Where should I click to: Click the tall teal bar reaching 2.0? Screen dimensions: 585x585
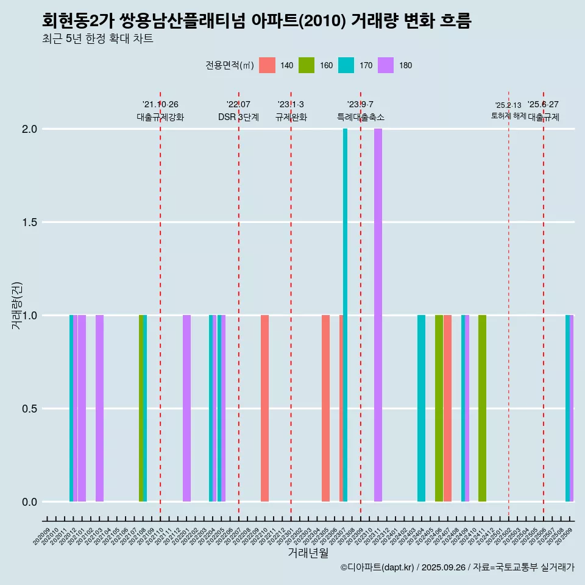click(345, 315)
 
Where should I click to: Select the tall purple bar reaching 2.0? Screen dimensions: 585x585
click(378, 315)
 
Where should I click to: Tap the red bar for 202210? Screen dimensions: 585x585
click(264, 408)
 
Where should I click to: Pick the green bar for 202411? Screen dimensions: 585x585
click(482, 408)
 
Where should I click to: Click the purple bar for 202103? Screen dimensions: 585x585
click(99, 408)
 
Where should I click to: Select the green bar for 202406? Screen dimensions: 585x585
click(439, 408)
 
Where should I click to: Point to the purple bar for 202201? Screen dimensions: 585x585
click(186, 408)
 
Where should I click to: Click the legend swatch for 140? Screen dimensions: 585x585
click(267, 65)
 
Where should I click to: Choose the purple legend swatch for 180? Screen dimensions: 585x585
click(386, 65)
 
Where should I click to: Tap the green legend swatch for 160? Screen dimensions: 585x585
click(307, 65)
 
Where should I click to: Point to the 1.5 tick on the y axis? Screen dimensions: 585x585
click(30, 222)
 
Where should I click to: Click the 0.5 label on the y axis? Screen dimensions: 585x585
click(30, 409)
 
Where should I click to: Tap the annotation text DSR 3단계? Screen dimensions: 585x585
click(238, 117)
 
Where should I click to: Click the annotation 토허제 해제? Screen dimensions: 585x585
click(508, 116)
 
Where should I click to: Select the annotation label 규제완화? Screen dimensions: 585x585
click(291, 117)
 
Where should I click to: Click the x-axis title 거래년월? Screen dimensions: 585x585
click(308, 553)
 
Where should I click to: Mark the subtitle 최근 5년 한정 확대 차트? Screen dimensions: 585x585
click(97, 39)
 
